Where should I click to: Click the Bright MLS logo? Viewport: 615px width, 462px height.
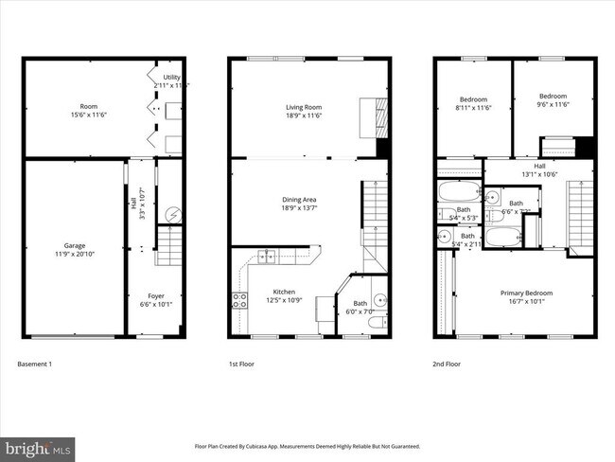point(39,446)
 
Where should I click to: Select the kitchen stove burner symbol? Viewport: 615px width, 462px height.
point(240,301)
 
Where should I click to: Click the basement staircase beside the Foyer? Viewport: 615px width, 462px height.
point(167,251)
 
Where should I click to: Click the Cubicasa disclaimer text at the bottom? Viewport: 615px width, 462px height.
point(307,445)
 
